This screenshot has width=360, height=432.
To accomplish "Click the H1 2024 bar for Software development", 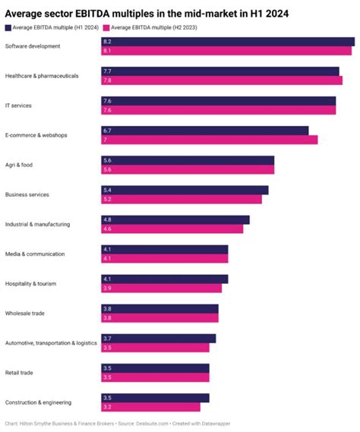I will point(228,41).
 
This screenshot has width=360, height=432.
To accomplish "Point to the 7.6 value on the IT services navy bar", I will point(107,100).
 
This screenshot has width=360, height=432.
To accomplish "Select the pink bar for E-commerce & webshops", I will point(210,140).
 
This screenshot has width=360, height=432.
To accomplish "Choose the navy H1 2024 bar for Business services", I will point(185,190).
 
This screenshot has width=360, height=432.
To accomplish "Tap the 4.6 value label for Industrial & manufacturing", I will point(107,229).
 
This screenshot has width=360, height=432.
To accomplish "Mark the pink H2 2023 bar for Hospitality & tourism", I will point(162,289).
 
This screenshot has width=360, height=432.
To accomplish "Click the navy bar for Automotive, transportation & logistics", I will point(159,338).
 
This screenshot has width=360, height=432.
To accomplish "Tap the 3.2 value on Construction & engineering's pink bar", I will point(107,407).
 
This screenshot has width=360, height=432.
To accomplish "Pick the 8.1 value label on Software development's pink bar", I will point(107,50).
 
